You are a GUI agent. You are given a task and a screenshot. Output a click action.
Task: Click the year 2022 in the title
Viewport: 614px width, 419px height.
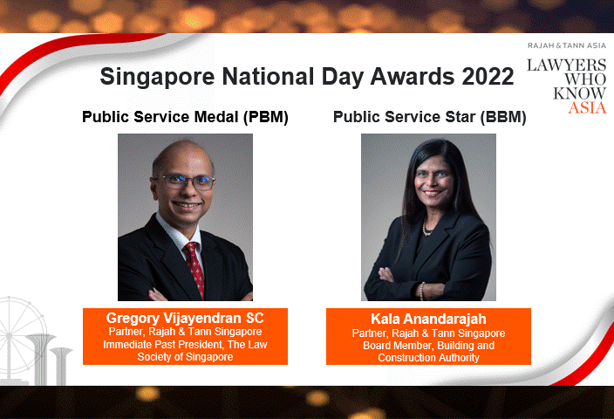pyautogui.click(x=483, y=77)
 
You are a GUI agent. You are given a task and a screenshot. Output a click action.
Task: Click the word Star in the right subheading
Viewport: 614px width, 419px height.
pyautogui.click(x=448, y=116)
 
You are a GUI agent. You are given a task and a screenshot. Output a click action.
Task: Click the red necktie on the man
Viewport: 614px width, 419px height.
pyautogui.click(x=194, y=266)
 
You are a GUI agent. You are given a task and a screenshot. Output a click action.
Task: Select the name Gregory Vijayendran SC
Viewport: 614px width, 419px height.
pyautogui.click(x=185, y=318)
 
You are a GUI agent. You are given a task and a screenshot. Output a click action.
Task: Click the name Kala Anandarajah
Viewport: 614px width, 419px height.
pyautogui.click(x=428, y=319)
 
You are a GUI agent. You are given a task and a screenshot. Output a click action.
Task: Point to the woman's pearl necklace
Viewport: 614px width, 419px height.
pyautogui.click(x=427, y=229)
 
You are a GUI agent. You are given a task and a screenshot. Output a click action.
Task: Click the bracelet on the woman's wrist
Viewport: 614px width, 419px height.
pyautogui.click(x=420, y=289)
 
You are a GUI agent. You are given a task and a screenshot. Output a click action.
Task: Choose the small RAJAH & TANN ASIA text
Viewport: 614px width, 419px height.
pyautogui.click(x=566, y=45)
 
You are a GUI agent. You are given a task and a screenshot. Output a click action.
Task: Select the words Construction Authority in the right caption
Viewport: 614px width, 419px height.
pyautogui.click(x=428, y=358)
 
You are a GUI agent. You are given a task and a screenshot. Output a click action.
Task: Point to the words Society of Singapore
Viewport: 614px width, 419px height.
pyautogui.click(x=185, y=357)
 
